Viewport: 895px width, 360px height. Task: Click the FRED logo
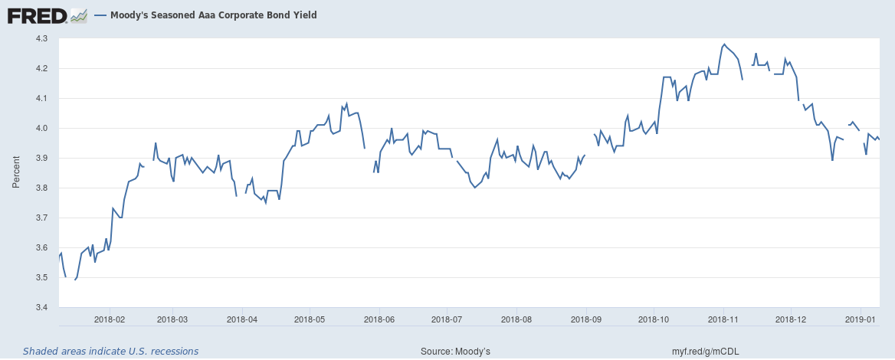point(47,15)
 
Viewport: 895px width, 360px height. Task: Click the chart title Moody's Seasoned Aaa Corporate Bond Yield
point(214,15)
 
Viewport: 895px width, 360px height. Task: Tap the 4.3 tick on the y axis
point(41,39)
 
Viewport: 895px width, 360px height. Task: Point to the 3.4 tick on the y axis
point(41,307)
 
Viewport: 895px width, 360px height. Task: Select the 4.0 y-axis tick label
point(41,129)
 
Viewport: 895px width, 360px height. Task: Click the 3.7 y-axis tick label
point(41,218)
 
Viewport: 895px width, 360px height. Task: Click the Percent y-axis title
point(17,172)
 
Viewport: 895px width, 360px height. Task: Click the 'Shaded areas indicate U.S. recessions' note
point(111,351)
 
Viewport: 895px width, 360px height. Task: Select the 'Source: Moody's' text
point(455,351)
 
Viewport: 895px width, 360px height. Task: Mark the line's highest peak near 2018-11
point(724,44)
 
